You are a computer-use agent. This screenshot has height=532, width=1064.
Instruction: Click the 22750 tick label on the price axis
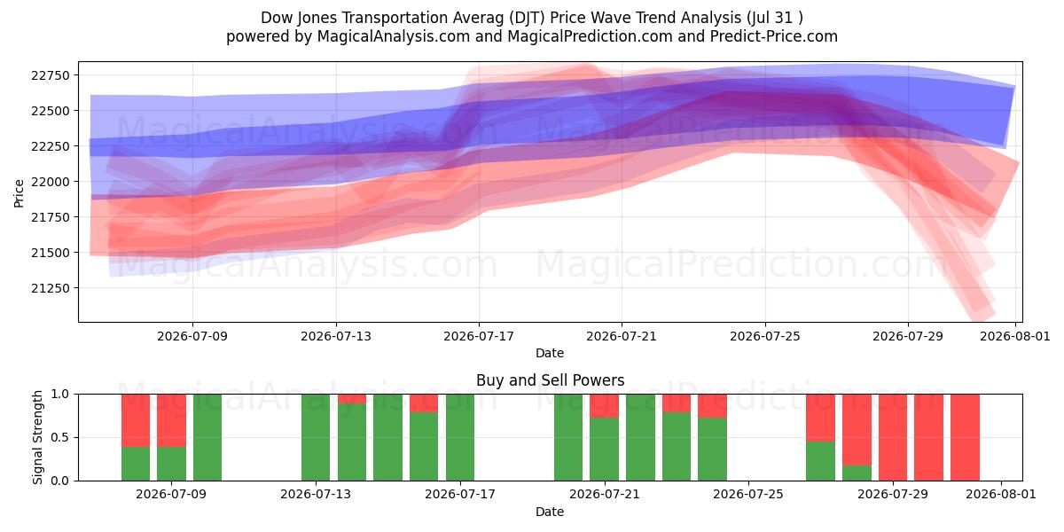point(51,75)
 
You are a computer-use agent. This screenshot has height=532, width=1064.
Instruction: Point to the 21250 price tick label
point(51,288)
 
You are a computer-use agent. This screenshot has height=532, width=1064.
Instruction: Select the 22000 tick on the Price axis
point(51,182)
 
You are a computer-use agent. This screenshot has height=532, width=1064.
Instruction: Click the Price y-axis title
point(19,193)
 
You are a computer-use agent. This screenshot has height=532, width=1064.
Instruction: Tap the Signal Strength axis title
point(37,437)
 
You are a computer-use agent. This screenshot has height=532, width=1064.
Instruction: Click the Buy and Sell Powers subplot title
point(550,380)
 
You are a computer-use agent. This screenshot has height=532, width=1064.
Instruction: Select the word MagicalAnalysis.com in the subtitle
point(394,36)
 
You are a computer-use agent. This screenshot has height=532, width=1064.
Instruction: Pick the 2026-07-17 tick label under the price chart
point(479,336)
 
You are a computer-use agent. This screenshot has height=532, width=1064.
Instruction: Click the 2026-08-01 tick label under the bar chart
point(1001,495)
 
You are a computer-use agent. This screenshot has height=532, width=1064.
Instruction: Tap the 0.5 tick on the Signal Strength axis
point(59,437)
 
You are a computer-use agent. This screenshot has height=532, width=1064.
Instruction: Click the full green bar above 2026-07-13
point(316,437)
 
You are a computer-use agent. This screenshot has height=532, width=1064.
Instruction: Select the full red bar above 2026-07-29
point(893,437)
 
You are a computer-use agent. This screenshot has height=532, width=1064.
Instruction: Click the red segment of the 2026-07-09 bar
point(171,420)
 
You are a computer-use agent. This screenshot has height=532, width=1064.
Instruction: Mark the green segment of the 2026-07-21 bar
point(604,450)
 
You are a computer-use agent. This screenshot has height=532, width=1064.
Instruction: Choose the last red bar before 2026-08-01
point(966,437)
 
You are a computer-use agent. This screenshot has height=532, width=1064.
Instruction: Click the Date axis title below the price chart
point(550,354)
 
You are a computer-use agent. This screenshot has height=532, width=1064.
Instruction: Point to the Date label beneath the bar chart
point(550,512)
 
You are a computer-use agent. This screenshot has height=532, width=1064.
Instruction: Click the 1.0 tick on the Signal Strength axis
point(59,395)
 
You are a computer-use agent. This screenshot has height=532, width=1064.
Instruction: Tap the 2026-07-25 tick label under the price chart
point(765,336)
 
